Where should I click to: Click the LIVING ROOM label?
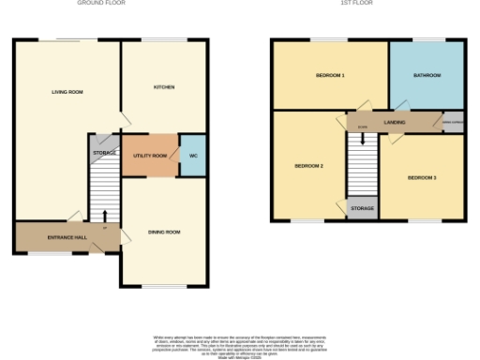[67, 92]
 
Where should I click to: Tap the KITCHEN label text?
[164, 87]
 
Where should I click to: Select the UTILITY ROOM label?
[150, 155]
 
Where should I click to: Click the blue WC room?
[192, 155]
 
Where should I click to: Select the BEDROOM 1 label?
[329, 75]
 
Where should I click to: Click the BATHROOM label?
[426, 75]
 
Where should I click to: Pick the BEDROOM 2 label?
[308, 166]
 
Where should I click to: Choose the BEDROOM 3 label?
[421, 177]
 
